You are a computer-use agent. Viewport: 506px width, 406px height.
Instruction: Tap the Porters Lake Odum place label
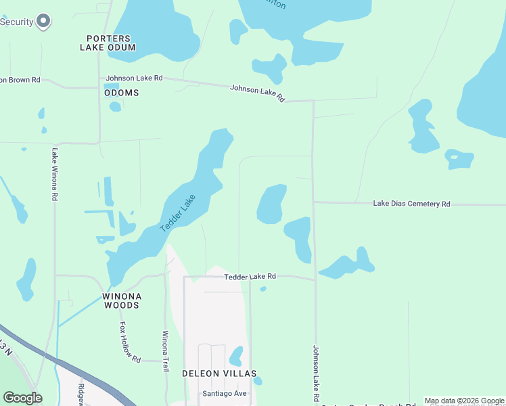[x=108, y=43]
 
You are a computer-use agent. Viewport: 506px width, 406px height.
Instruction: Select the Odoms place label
[x=122, y=93]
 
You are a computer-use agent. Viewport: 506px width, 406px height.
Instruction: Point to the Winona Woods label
[x=122, y=301]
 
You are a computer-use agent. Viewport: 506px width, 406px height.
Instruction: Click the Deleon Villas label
[x=219, y=374]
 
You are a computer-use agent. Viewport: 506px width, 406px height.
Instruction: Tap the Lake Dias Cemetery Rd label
[x=411, y=204]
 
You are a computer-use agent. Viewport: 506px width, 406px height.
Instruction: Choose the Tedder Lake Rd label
[x=250, y=277]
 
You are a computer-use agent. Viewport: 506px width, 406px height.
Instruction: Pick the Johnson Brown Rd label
[x=20, y=80]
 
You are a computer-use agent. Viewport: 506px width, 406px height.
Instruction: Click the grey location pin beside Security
[x=44, y=22]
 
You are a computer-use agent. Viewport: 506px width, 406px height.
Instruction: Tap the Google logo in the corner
[x=22, y=398]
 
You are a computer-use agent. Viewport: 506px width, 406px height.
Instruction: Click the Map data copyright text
[x=465, y=401]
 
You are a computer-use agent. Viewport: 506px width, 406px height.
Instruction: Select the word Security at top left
[x=17, y=22]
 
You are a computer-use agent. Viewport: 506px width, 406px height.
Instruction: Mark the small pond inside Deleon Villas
[x=236, y=355]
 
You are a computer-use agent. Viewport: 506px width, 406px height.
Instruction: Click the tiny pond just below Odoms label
[x=116, y=106]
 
